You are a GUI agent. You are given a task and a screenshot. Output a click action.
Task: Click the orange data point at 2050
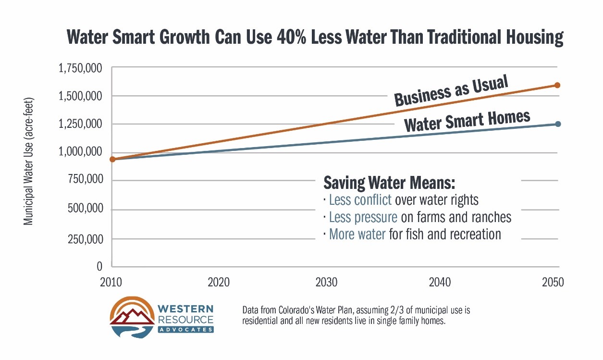557,85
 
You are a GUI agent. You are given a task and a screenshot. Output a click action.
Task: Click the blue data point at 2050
558,124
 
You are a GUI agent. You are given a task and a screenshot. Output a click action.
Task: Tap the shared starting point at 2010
112,159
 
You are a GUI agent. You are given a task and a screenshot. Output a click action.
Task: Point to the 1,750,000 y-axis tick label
80,68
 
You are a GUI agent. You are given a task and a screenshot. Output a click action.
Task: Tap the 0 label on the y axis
99,266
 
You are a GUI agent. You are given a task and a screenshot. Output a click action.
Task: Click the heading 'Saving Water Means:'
389,184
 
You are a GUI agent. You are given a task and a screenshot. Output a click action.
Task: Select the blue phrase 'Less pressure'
363,217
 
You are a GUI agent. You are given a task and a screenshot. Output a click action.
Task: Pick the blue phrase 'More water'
357,235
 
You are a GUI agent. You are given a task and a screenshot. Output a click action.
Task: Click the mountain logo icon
129,317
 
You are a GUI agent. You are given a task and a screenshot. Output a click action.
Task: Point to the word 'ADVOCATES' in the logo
185,329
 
